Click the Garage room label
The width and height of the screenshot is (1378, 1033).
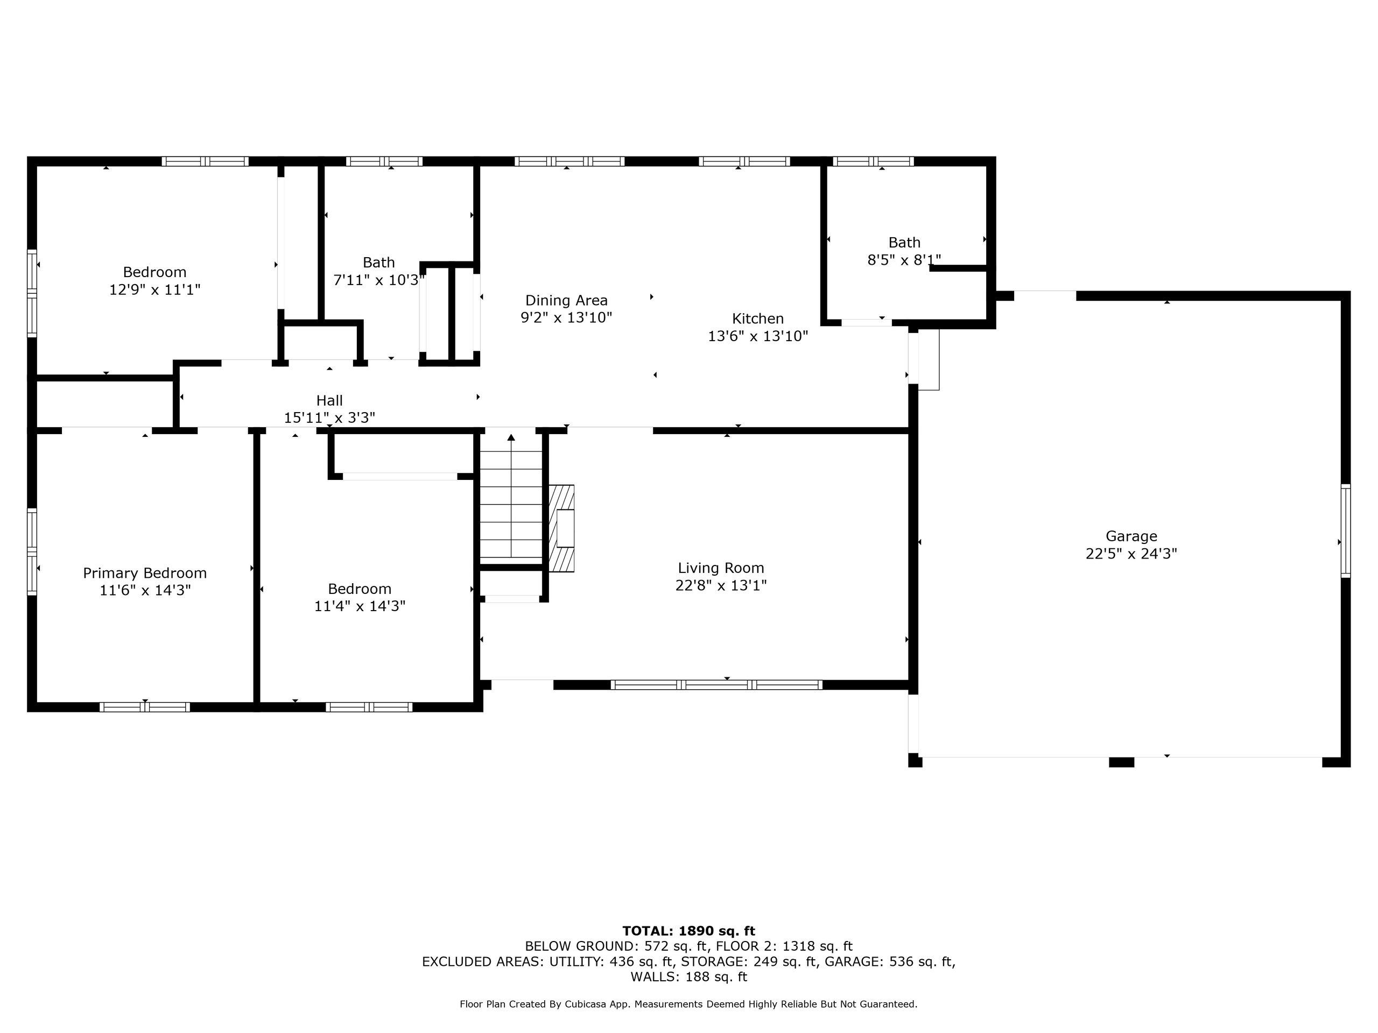(x=1131, y=536)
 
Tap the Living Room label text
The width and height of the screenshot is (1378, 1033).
(x=721, y=568)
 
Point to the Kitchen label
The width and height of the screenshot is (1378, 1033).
(x=757, y=319)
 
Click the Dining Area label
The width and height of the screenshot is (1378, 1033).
(x=566, y=301)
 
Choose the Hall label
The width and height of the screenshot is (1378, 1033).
(x=329, y=400)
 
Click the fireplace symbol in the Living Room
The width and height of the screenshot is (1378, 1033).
(x=561, y=528)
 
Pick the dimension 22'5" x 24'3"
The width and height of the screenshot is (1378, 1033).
(x=1131, y=554)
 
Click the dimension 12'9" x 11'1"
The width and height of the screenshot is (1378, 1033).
(x=155, y=289)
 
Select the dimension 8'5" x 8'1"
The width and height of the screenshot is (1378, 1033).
(x=904, y=260)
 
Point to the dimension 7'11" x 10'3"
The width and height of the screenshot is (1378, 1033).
(x=379, y=280)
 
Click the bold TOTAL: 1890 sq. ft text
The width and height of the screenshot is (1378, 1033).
(x=688, y=931)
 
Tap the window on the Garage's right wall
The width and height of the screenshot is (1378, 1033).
(x=1346, y=530)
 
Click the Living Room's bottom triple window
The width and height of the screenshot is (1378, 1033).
(x=716, y=685)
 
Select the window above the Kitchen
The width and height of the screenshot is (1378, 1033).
(x=744, y=161)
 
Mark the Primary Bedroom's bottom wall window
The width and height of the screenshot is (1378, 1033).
(x=144, y=707)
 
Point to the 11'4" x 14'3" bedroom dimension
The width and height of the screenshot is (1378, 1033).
(x=360, y=606)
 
